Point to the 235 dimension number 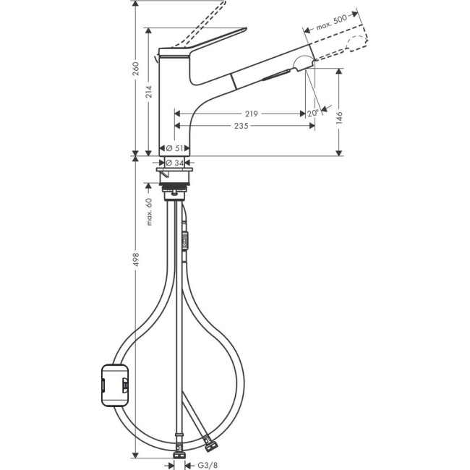pos(241,126)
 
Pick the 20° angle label pos(312,114)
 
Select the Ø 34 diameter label pos(173,162)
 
